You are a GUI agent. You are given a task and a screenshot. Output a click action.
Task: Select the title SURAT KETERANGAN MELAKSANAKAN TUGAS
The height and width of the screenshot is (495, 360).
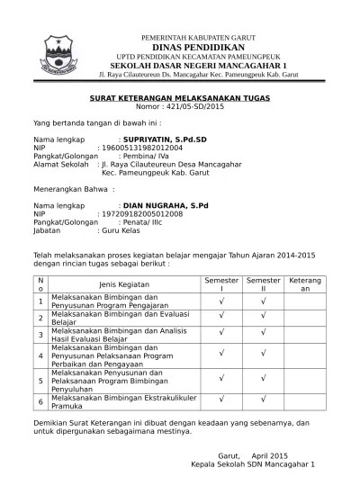180,96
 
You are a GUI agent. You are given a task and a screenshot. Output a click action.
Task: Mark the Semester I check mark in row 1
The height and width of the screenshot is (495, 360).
221,301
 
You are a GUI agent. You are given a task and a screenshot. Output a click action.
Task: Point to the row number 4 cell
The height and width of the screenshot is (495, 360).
40,355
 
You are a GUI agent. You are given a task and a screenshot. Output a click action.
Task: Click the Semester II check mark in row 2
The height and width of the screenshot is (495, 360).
264,317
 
